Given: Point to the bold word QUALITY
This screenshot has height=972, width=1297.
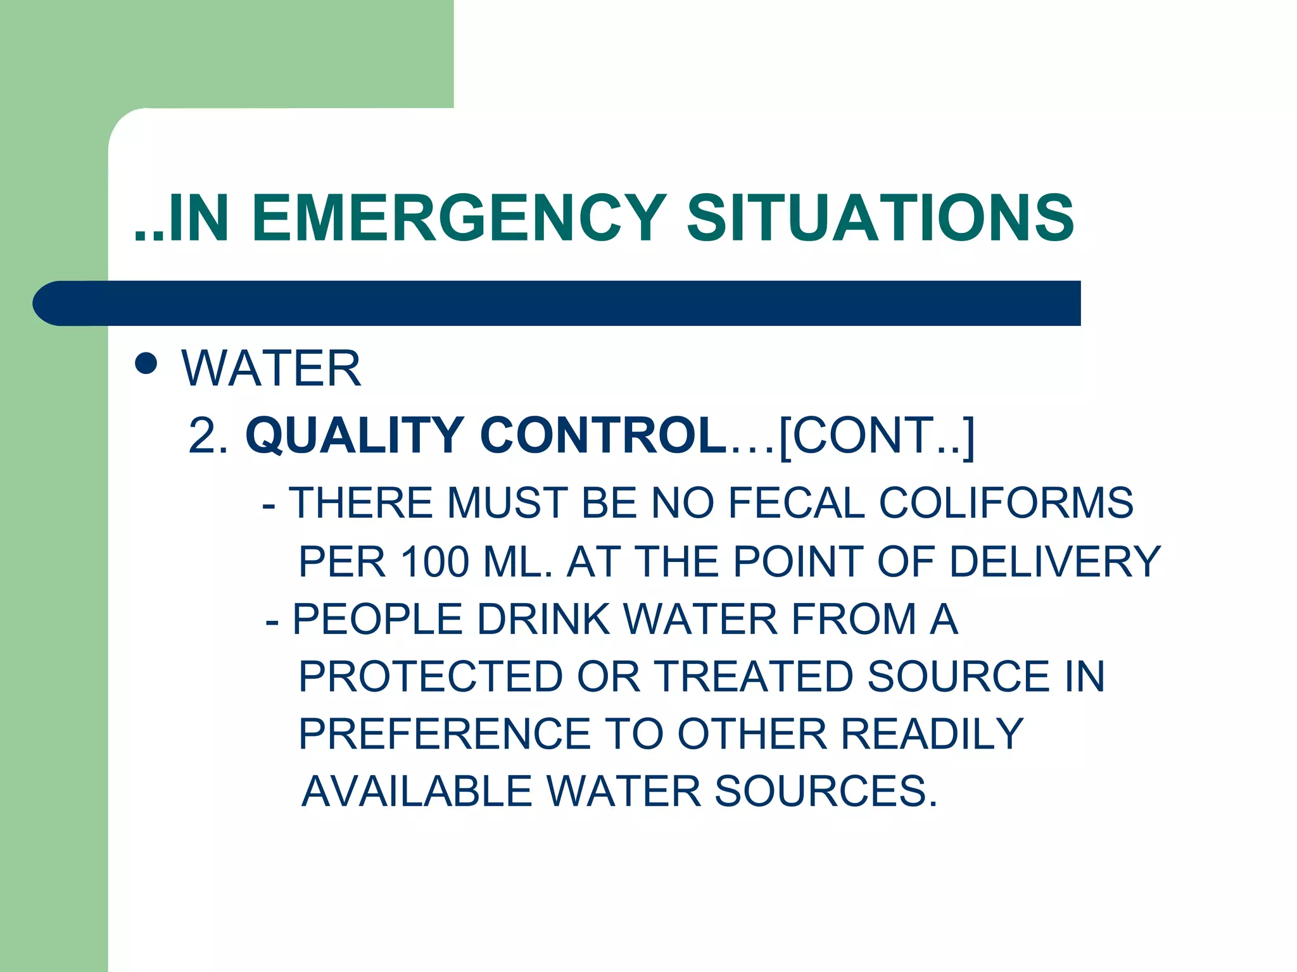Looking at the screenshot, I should tap(355, 435).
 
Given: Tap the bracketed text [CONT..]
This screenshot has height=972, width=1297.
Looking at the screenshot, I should tap(877, 435).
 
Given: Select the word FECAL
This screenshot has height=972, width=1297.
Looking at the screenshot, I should tap(796, 503).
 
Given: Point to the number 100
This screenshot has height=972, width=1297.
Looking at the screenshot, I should tap(435, 561).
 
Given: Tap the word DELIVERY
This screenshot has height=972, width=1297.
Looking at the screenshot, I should tap(1055, 561).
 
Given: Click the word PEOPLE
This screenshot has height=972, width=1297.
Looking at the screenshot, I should tap(377, 619).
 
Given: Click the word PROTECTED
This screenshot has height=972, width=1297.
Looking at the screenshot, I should tap(431, 676).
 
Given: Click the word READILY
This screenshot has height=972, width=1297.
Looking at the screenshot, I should tap(932, 734).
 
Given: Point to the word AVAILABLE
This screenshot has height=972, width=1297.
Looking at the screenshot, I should tap(417, 792).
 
